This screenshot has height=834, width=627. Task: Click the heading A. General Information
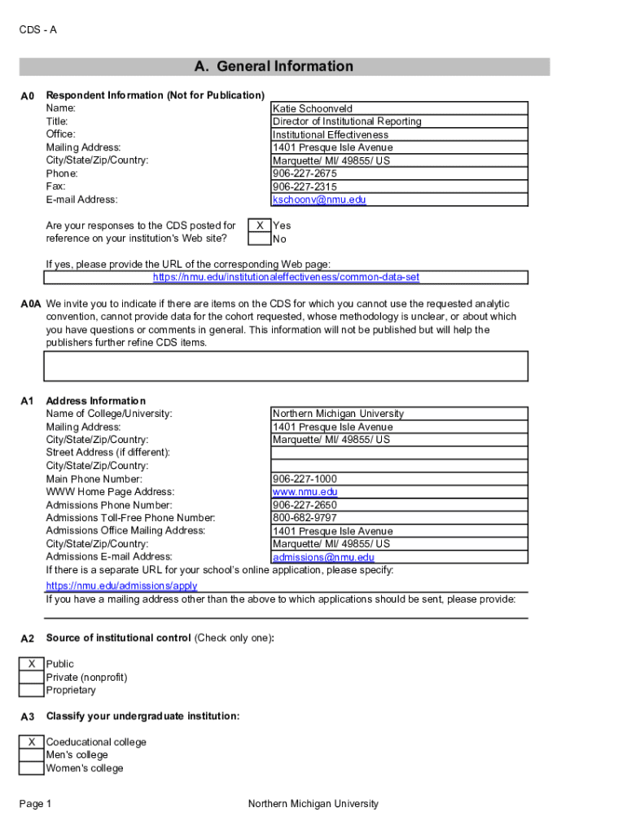[273, 67]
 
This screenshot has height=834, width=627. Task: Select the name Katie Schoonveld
[313, 108]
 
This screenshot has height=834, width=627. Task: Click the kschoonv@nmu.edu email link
[319, 200]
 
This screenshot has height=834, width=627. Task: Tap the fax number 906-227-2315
[305, 187]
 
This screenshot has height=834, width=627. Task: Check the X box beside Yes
[260, 226]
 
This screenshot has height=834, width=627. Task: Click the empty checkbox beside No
[260, 239]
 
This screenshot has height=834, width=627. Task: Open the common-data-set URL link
[286, 278]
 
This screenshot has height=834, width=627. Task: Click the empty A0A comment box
[286, 366]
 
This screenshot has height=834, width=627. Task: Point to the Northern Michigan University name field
[338, 414]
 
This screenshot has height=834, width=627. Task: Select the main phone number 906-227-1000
[305, 479]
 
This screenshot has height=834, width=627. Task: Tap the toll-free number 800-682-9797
[305, 518]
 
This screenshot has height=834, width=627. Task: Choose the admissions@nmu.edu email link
[323, 558]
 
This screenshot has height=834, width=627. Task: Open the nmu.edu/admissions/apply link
[121, 586]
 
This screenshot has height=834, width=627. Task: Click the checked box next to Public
[32, 665]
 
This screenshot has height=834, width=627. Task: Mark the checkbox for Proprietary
[32, 691]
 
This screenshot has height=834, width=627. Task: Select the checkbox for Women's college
[32, 769]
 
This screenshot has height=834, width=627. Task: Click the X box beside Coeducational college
[32, 743]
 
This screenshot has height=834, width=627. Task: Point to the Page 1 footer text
[35, 805]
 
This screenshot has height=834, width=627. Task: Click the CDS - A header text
[37, 30]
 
